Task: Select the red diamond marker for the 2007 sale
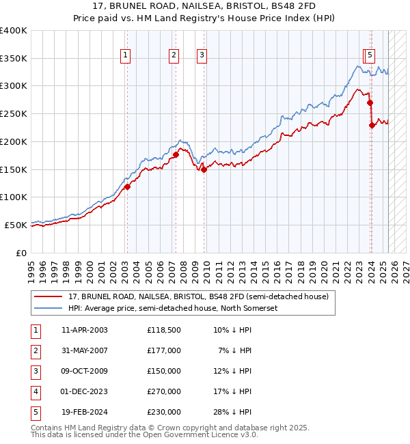coord(176,154)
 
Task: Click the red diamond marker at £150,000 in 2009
coord(204,169)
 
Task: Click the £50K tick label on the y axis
coord(16,225)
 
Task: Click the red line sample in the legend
coord(49,296)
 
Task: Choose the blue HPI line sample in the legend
coord(49,308)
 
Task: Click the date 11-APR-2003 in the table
coord(85,330)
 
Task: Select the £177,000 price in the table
coord(164,350)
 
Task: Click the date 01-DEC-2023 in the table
coord(85,391)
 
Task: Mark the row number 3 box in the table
coord(35,371)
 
